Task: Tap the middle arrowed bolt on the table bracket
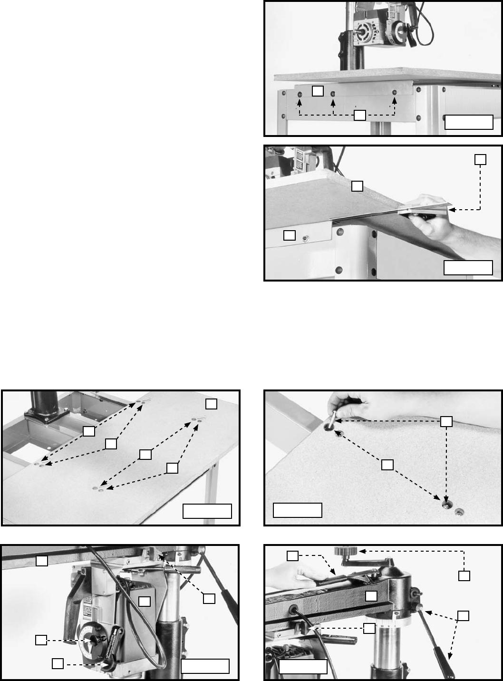pyautogui.click(x=333, y=94)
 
